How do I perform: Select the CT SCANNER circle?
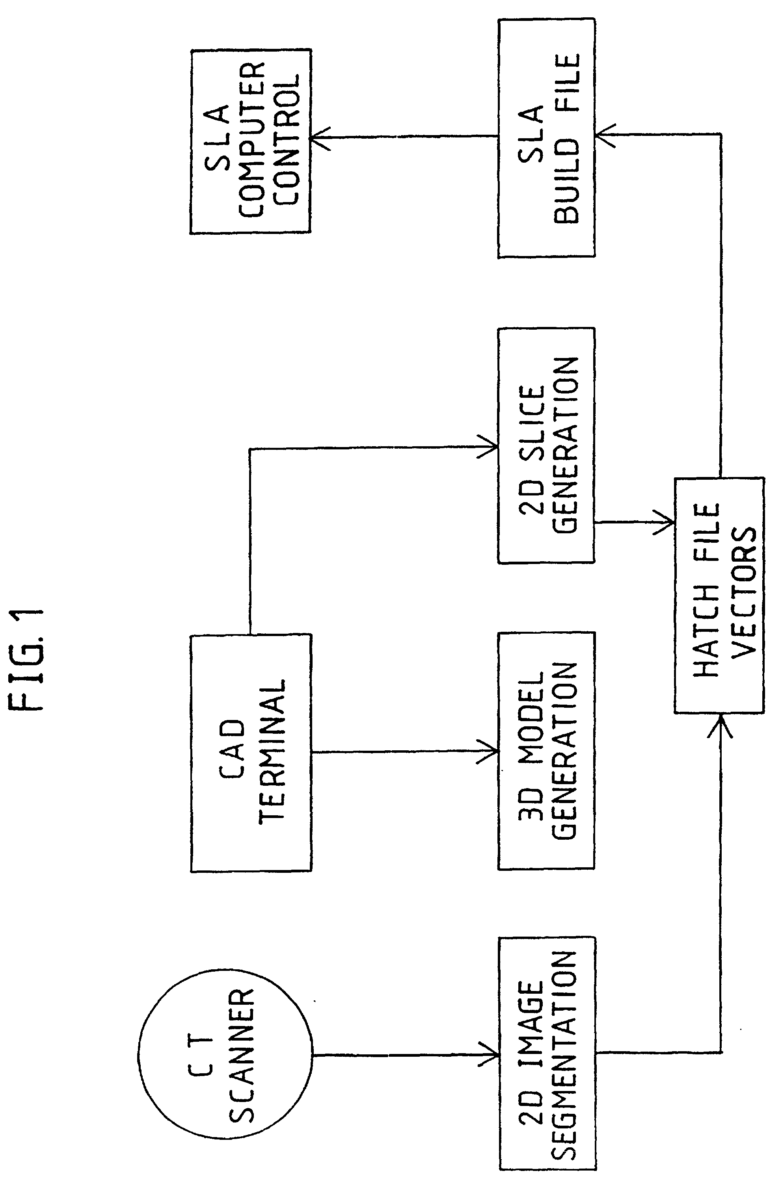(225, 1056)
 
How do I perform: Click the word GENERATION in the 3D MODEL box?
(566, 751)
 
